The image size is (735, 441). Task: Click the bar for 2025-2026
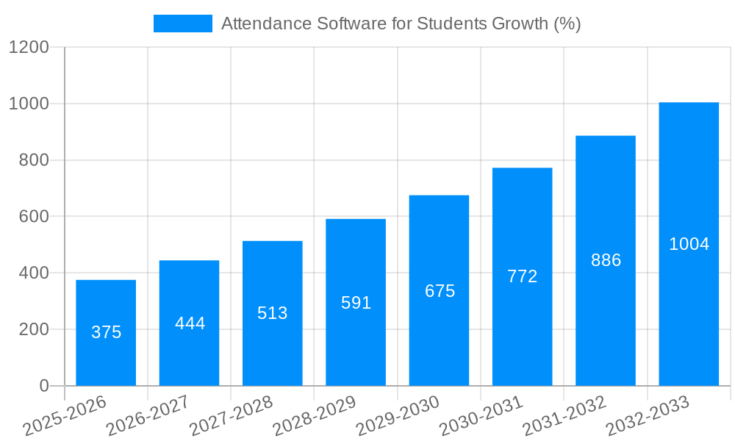pos(106,332)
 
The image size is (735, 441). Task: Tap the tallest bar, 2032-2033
pos(689,244)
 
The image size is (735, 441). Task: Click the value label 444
pos(190,323)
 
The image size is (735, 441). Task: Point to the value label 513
pos(273,313)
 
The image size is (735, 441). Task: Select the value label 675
pos(440,291)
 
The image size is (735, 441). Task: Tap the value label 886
pos(606,260)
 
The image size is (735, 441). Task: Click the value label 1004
pos(689,244)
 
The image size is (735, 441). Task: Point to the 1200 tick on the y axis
pos(29,48)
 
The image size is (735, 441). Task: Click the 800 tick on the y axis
pos(34,160)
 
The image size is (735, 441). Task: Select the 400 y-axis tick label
pos(34,273)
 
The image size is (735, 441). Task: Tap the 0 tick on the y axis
pos(43,386)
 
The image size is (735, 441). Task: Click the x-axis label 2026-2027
pos(147,415)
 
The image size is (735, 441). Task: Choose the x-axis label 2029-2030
pos(397,415)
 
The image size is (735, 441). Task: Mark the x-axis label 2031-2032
pos(564,415)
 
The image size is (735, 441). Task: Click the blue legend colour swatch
pos(182,24)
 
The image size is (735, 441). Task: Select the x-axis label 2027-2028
pos(231,415)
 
